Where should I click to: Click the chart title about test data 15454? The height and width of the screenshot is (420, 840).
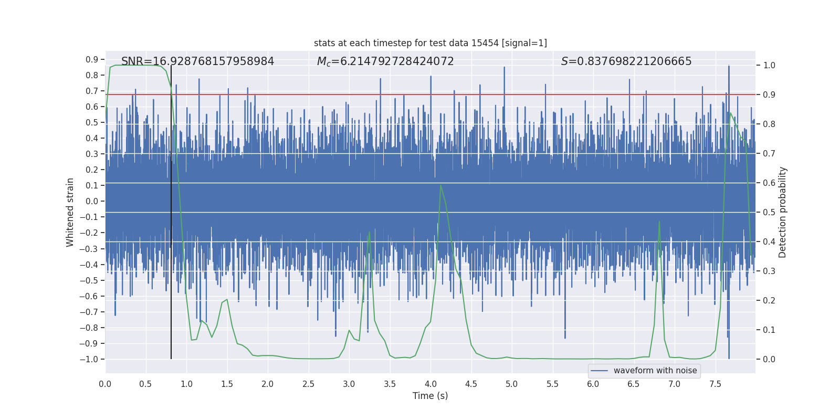tap(430, 43)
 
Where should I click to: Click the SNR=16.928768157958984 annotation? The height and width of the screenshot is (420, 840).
tap(197, 61)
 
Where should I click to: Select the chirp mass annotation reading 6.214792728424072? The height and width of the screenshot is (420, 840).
tap(385, 61)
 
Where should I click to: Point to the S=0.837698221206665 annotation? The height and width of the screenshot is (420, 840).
tap(626, 61)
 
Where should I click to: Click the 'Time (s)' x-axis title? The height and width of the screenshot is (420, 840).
tap(430, 396)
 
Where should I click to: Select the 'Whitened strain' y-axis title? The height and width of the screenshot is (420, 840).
tap(70, 212)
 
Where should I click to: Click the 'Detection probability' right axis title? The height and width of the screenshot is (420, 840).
tap(783, 212)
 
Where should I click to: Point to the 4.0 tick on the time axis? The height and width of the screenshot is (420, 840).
tap(430, 384)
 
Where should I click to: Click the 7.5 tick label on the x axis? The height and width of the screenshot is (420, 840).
tap(715, 384)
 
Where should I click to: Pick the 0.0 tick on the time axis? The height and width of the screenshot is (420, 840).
tap(105, 384)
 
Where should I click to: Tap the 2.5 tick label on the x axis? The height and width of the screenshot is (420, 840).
tap(308, 384)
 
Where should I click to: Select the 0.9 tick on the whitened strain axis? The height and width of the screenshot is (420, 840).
tap(92, 59)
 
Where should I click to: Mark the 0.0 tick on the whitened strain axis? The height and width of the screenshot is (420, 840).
tap(92, 201)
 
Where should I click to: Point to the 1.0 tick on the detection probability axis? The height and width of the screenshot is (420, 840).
tap(769, 65)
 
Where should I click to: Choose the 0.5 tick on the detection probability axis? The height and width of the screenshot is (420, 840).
tap(769, 212)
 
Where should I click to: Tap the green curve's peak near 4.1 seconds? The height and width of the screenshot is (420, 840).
tap(440, 185)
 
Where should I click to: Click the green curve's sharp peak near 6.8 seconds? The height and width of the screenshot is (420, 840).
tap(659, 222)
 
